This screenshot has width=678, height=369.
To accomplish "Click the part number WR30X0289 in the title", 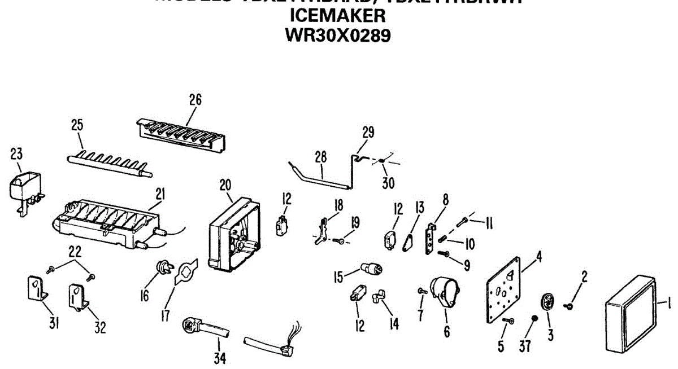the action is click(338, 35).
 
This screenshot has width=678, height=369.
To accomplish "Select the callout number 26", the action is click(195, 100).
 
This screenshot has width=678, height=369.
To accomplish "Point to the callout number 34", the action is click(218, 358).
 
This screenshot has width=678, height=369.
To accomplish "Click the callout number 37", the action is click(525, 346).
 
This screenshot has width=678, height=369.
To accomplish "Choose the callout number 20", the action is click(225, 184).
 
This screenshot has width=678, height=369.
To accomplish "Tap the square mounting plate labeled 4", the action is click(504, 291).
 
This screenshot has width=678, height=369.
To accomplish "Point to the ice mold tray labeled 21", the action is click(107, 223).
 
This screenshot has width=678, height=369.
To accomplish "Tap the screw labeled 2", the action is click(569, 305).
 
